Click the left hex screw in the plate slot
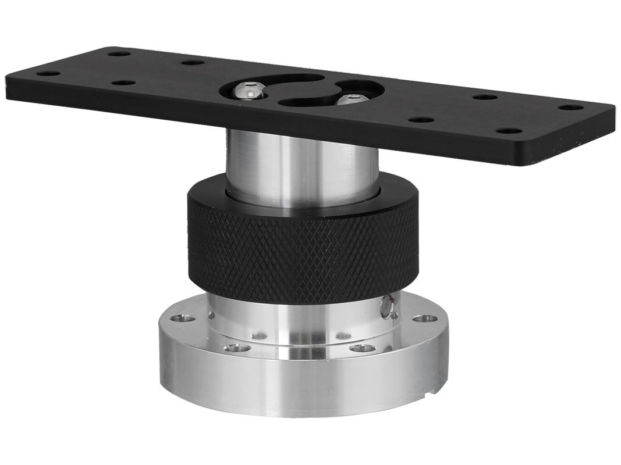(249, 91)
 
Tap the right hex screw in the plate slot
(352, 99)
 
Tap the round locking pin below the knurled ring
(388, 306)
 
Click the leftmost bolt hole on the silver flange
(184, 319)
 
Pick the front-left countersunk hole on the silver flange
(238, 348)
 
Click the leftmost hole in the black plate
(48, 74)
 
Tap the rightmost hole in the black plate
(571, 108)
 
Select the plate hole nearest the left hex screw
(193, 62)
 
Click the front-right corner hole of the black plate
(509, 131)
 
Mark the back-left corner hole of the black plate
(119, 53)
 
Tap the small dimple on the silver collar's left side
(211, 315)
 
